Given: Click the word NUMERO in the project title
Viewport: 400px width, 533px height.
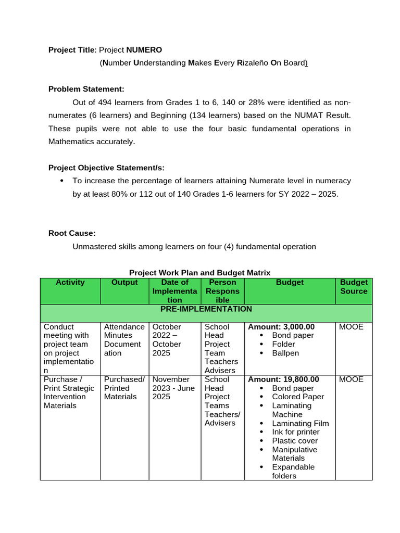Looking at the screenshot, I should pos(144,50).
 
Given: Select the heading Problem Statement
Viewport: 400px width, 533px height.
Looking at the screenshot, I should pos(86,89).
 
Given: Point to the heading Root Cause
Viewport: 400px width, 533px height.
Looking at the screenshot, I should pos(72,233).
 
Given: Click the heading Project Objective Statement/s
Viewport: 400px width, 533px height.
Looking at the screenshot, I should pos(106,168).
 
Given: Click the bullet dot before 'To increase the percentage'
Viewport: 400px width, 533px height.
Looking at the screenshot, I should pos(62,181).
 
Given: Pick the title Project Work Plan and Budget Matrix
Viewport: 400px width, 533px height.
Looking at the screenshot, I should pos(199,273).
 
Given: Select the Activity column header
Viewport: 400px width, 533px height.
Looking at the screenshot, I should pos(70,283).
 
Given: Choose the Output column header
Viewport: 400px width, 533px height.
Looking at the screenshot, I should pos(124,283).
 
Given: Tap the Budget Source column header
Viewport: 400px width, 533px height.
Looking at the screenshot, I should pos(354,287).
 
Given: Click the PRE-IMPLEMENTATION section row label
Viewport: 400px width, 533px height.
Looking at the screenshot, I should pos(206,309).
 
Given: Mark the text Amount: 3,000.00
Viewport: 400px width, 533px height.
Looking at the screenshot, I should pos(281,327).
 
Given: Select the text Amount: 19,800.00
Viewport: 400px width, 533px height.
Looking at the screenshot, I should pos(283,379).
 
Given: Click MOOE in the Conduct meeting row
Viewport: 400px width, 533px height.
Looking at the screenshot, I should pos(351,327).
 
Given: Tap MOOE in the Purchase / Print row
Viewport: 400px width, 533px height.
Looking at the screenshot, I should pos(351,379).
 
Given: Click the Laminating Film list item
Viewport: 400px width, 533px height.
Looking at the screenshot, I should pos(300,423).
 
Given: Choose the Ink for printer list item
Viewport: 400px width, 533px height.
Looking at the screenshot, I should pos(295,432).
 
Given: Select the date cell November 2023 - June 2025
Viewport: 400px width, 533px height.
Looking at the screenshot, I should pos(173,388).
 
